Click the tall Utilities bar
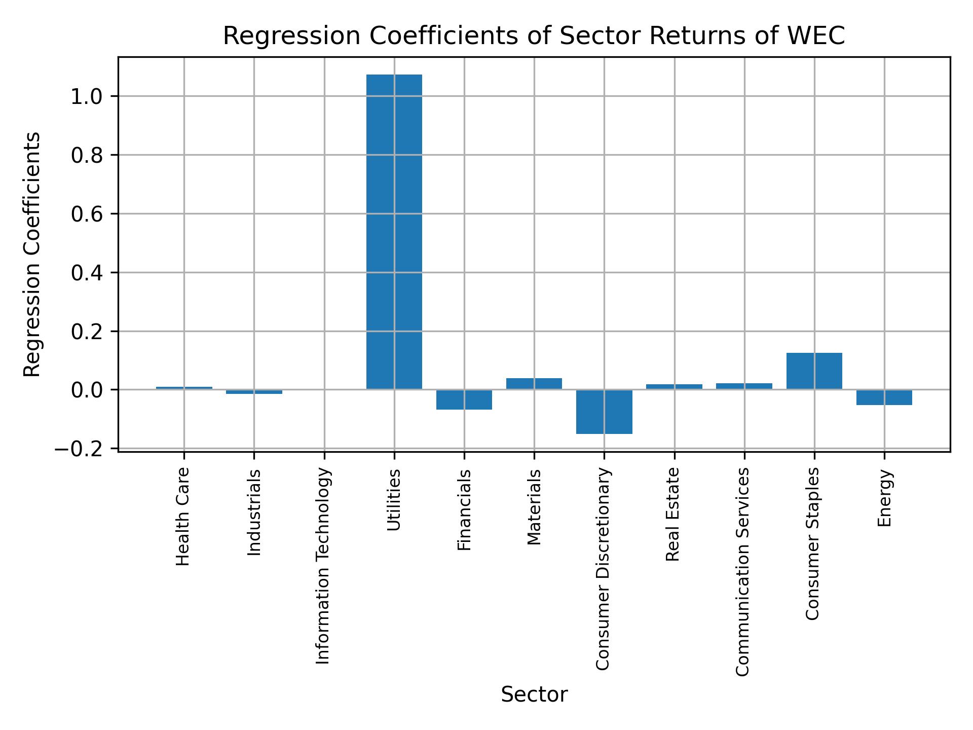[x=394, y=232]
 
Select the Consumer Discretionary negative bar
[x=604, y=412]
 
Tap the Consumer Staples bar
[x=814, y=371]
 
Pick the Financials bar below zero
[x=464, y=399]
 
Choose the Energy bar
[x=884, y=397]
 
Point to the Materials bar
[x=534, y=384]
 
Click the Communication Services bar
[x=744, y=386]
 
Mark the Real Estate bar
[x=674, y=387]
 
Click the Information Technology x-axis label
[x=323, y=566]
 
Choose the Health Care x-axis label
[x=183, y=516]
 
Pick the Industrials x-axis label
[x=254, y=512]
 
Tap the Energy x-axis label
[x=884, y=498]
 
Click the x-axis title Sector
[x=534, y=695]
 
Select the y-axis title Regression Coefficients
[x=32, y=254]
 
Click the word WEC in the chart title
[x=816, y=36]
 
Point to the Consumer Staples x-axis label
[x=812, y=543]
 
